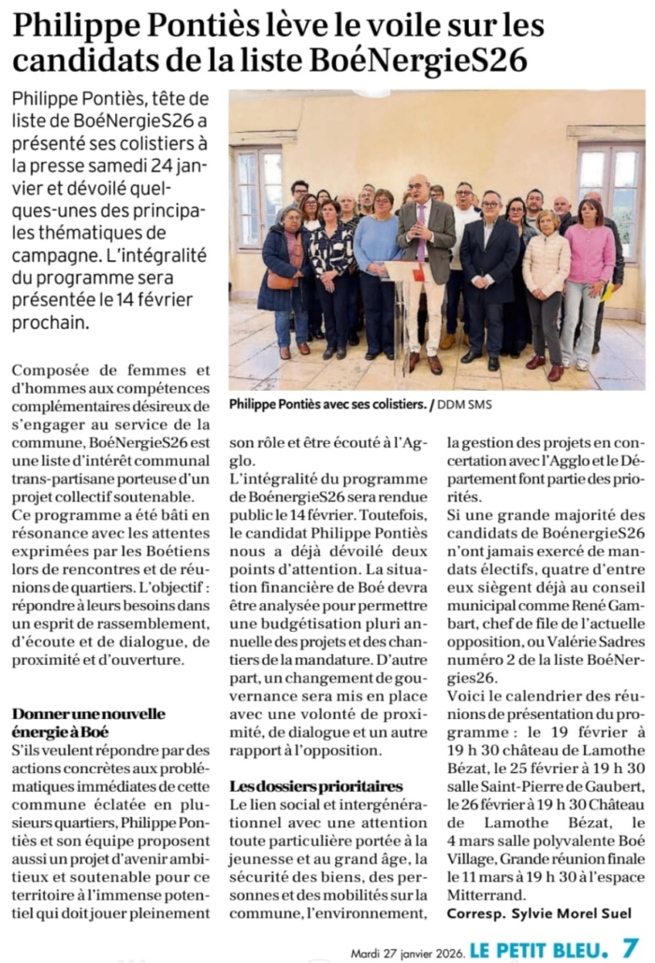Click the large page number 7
pyautogui.click(x=631, y=946)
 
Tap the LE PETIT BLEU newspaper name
pyautogui.click(x=538, y=948)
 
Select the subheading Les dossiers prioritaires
pyautogui.click(x=316, y=786)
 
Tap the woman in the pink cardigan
pyautogui.click(x=587, y=271)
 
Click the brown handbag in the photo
pyautogui.click(x=280, y=280)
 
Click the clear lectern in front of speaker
pyautogui.click(x=408, y=309)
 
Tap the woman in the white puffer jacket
pyautogui.click(x=546, y=280)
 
